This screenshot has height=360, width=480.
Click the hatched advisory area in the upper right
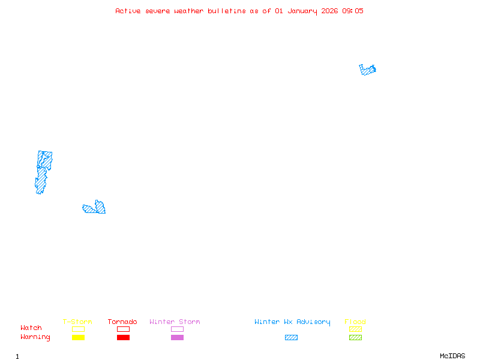368,70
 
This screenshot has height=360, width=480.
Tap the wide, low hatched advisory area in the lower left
95,208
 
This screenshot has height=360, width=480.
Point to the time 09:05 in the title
353,11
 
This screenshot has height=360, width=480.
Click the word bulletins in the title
227,11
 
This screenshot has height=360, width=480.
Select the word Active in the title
128,11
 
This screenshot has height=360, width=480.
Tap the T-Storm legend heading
77,322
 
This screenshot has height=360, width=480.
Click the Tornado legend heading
122,322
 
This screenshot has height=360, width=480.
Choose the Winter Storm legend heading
175,322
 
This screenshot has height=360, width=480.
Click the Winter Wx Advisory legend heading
292,322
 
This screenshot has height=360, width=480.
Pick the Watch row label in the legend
31,328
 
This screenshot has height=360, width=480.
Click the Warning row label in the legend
35,337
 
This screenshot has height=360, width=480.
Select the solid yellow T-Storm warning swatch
78,338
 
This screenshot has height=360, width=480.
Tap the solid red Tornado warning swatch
123,338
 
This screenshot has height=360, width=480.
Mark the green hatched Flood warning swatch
355,338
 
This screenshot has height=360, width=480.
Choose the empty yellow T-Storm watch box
78,329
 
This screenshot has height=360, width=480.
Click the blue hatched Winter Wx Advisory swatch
291,338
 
